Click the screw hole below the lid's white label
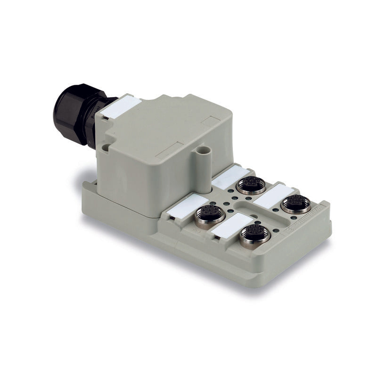point(106,148)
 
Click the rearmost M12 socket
point(252,185)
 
